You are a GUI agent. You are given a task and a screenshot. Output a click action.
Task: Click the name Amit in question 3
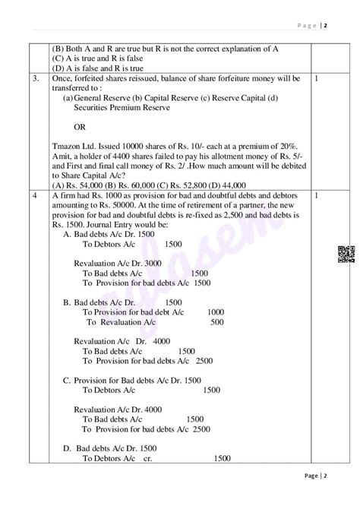click(64, 155)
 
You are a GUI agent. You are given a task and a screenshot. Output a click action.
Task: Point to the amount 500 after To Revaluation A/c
click(217, 321)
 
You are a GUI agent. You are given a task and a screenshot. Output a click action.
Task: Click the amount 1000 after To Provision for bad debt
click(216, 311)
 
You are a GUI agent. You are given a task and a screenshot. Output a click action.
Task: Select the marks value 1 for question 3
click(315, 78)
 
